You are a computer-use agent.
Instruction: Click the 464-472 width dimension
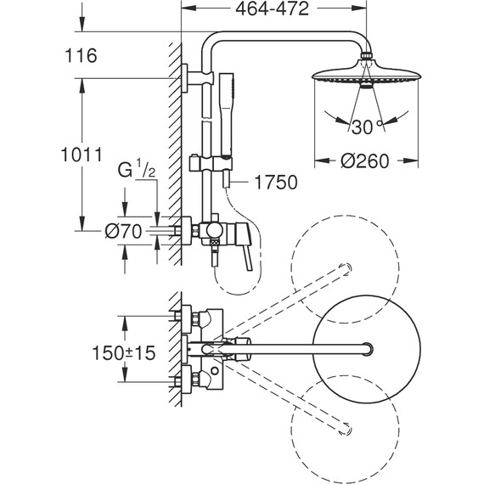(272, 9)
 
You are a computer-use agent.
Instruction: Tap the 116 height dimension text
(81, 56)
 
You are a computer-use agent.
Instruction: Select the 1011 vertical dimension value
(82, 155)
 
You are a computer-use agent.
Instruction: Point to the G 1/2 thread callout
(137, 169)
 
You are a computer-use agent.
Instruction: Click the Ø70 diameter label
(123, 231)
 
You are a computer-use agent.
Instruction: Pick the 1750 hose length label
(276, 182)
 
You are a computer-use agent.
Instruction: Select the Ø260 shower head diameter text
(365, 161)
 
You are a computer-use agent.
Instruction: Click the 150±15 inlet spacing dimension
(124, 352)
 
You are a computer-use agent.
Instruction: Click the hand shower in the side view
(226, 117)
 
